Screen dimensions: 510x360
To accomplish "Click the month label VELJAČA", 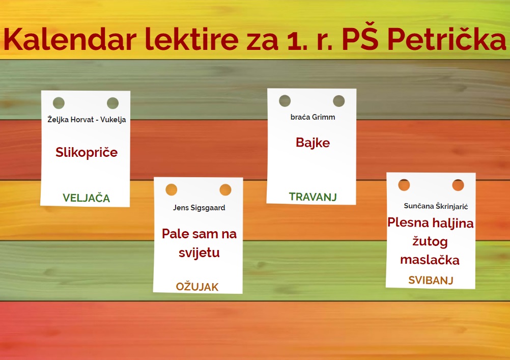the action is coord(86,198).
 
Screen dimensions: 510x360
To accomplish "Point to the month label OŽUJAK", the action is coord(197,287).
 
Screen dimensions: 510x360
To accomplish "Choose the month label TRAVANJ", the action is coord(313,197).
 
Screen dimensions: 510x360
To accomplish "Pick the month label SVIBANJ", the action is coord(431,280).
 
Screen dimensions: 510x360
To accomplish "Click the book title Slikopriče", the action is coord(87,152).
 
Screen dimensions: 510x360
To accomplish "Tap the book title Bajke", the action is coord(313,143).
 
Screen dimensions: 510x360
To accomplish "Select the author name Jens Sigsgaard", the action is coord(199,208).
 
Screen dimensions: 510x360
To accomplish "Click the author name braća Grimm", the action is coord(313,117).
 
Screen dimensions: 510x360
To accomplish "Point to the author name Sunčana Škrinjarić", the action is coord(436,206).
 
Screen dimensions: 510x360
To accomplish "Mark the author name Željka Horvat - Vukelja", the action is coord(87,120).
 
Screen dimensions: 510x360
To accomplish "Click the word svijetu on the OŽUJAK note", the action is coord(199,253).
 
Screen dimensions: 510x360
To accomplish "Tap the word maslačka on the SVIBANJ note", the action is coord(430,260).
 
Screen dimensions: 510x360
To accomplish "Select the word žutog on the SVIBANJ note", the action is coord(430,241).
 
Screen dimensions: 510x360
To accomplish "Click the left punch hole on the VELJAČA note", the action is coord(59,103).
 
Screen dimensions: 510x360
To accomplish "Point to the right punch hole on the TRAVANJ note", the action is coord(338,101).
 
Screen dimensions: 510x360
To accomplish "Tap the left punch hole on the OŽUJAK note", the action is coord(172,189).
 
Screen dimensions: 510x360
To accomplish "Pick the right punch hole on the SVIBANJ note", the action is coord(458,185).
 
